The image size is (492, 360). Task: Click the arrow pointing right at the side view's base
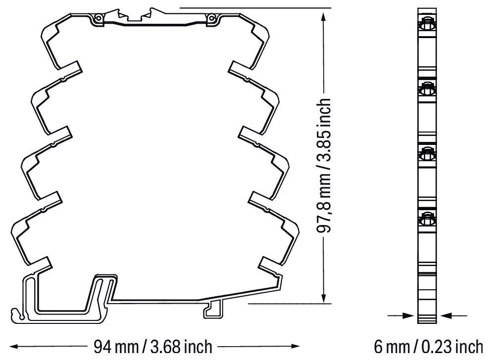(409, 315)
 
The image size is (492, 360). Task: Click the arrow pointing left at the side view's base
(445, 315)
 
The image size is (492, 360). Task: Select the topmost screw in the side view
(427, 24)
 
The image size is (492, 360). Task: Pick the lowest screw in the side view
(427, 217)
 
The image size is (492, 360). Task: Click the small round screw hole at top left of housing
(98, 19)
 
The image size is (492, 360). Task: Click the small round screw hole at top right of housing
(212, 19)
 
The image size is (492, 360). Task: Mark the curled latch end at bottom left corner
(18, 313)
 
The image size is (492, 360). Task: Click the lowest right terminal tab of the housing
(271, 264)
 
